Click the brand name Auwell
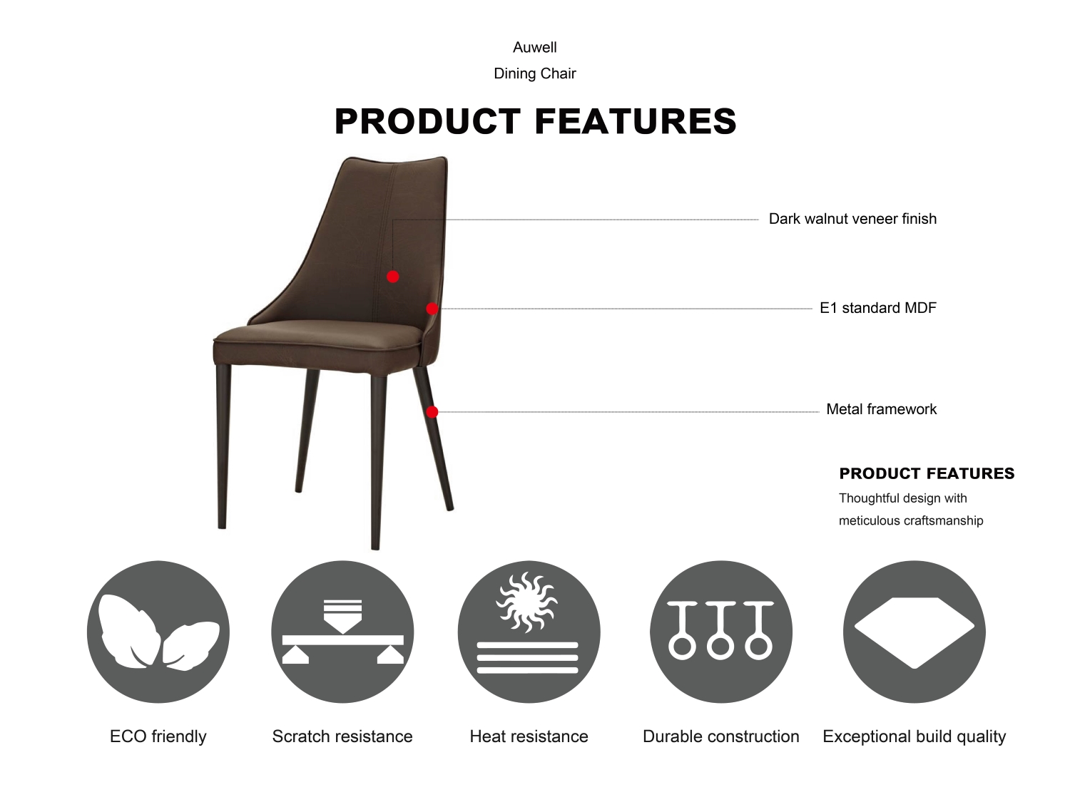pyautogui.click(x=535, y=47)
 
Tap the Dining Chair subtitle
pyautogui.click(x=535, y=73)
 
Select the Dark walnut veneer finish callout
pyautogui.click(x=852, y=219)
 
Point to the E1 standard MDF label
pyautogui.click(x=878, y=308)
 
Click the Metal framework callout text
pyautogui.click(x=882, y=409)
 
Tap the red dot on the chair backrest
pyautogui.click(x=393, y=277)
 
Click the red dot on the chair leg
pyautogui.click(x=432, y=412)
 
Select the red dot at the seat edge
pyautogui.click(x=432, y=309)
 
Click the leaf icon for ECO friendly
pyautogui.click(x=158, y=632)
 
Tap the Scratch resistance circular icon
pyautogui.click(x=342, y=632)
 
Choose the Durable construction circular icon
pyautogui.click(x=721, y=632)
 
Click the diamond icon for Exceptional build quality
pyautogui.click(x=914, y=632)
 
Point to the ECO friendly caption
pyautogui.click(x=158, y=736)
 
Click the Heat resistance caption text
pyautogui.click(x=529, y=736)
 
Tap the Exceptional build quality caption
pyautogui.click(x=914, y=736)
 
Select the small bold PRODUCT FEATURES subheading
pyautogui.click(x=927, y=473)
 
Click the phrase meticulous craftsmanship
pyautogui.click(x=911, y=520)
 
